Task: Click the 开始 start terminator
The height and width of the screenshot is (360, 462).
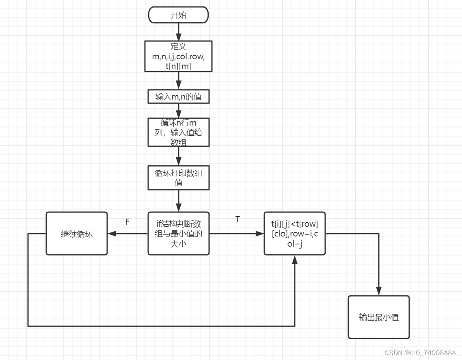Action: [x=178, y=15]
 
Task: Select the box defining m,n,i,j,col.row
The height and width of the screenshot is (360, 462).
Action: [x=178, y=56]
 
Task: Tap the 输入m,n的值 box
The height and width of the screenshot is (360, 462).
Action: [x=178, y=97]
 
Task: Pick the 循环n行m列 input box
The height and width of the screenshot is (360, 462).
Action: [x=178, y=132]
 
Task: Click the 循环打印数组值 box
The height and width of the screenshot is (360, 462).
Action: [x=178, y=178]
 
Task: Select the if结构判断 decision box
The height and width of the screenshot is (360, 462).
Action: [x=178, y=234]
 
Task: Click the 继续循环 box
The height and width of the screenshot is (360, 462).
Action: [x=77, y=234]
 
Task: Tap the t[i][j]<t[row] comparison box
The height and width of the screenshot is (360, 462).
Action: [x=295, y=234]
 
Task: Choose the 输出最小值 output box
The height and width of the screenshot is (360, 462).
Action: [x=378, y=317]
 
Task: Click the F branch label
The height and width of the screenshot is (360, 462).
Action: [x=127, y=222]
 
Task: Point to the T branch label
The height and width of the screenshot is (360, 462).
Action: [x=237, y=219]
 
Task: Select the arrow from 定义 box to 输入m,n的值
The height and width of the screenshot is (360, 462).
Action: [x=178, y=81]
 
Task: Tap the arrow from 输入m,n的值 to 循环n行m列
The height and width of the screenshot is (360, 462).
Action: [x=178, y=111]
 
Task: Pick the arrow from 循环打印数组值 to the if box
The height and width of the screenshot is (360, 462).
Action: [x=178, y=201]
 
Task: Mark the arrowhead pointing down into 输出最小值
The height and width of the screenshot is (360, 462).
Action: [x=378, y=291]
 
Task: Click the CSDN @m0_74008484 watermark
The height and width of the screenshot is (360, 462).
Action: [x=420, y=352]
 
